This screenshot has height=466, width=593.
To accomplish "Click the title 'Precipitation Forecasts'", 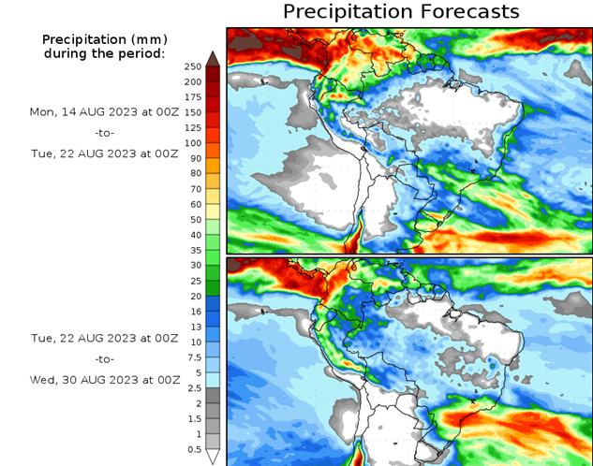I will (400, 11).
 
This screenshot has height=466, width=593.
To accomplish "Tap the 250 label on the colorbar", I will (193, 66).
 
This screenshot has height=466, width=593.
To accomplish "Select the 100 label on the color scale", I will (193, 143).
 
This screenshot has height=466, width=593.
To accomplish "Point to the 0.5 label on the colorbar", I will (193, 450).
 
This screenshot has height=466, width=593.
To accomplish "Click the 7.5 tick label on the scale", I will (193, 357).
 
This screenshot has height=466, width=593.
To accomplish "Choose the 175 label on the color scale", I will (193, 96).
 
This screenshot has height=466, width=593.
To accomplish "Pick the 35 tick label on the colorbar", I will (193, 251).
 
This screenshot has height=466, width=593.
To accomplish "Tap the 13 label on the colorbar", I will (193, 327).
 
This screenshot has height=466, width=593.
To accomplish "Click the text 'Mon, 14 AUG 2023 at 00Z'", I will (104, 111).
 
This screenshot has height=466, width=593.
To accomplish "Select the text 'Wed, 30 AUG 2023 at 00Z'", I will (104, 380).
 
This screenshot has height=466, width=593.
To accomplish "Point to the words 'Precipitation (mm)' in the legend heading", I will (104, 39).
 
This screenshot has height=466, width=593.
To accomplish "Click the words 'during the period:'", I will (104, 53).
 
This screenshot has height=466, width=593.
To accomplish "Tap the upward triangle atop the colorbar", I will (213, 58).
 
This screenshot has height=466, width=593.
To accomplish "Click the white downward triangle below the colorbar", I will (213, 458).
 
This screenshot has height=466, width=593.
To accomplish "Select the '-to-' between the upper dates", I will (104, 133).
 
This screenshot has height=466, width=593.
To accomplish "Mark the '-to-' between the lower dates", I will (104, 358).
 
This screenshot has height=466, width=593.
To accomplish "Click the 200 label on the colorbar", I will (193, 81).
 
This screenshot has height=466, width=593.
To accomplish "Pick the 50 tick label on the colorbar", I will (193, 220).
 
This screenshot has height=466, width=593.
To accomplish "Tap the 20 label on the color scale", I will (193, 297).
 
